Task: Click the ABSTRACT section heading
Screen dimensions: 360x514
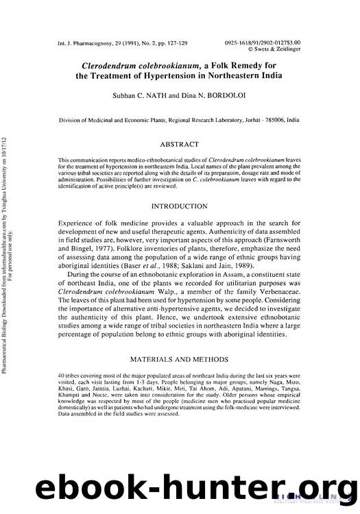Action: click(x=180, y=145)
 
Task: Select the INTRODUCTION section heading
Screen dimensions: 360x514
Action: click(x=180, y=206)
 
